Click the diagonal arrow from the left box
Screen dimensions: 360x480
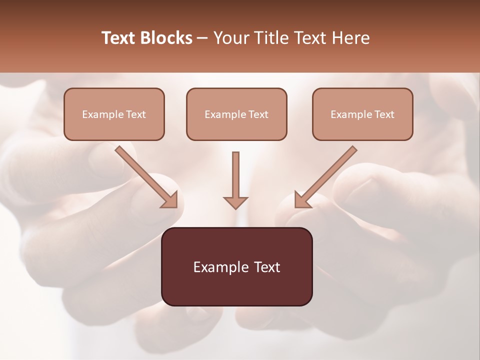click(x=145, y=175)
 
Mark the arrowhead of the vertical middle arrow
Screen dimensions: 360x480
click(x=235, y=202)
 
